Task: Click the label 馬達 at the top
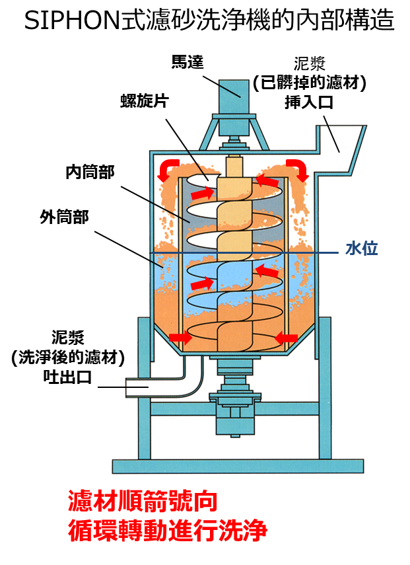pos(188,62)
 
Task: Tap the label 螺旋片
pos(145,100)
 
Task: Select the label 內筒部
pos(90,172)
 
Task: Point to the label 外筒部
pos(65,217)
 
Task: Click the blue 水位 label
pos(361,248)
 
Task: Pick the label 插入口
pos(309,102)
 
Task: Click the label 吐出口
pos(68,377)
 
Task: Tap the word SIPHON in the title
pos(71,20)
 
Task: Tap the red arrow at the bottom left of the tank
pos(180,338)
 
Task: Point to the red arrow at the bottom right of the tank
pos(286,338)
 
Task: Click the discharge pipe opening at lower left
pos(137,387)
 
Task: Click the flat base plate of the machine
pos(238,467)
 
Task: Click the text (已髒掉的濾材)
pos(309,83)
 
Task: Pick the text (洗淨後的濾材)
pos(68,358)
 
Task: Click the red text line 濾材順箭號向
pos(143,501)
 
